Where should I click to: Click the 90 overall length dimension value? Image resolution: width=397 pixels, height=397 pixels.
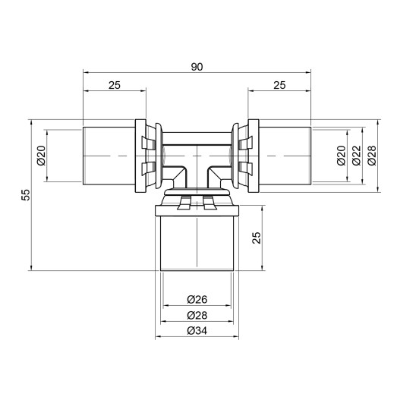[x=197, y=67]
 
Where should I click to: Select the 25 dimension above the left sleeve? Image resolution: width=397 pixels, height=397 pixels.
[x=114, y=86]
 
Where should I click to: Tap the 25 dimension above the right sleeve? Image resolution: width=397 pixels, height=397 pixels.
[x=279, y=86]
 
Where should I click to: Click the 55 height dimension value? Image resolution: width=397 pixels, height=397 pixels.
[x=25, y=194]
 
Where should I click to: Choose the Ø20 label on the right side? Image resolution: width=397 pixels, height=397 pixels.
[x=341, y=156]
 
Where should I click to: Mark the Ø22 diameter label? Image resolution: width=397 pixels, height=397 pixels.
[x=355, y=156]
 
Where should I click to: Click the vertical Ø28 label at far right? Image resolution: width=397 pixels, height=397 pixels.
[x=371, y=156]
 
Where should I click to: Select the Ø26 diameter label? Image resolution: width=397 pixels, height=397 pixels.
[x=197, y=299]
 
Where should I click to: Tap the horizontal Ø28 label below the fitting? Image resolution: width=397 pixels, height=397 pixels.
[x=197, y=314]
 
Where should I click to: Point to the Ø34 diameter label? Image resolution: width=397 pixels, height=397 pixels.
[x=197, y=330]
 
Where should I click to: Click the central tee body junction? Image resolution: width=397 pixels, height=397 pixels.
[x=197, y=159]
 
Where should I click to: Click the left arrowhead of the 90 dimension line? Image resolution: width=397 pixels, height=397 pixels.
[x=85, y=74]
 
